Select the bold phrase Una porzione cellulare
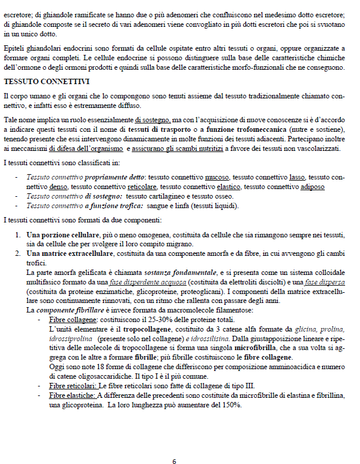point(61,235)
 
